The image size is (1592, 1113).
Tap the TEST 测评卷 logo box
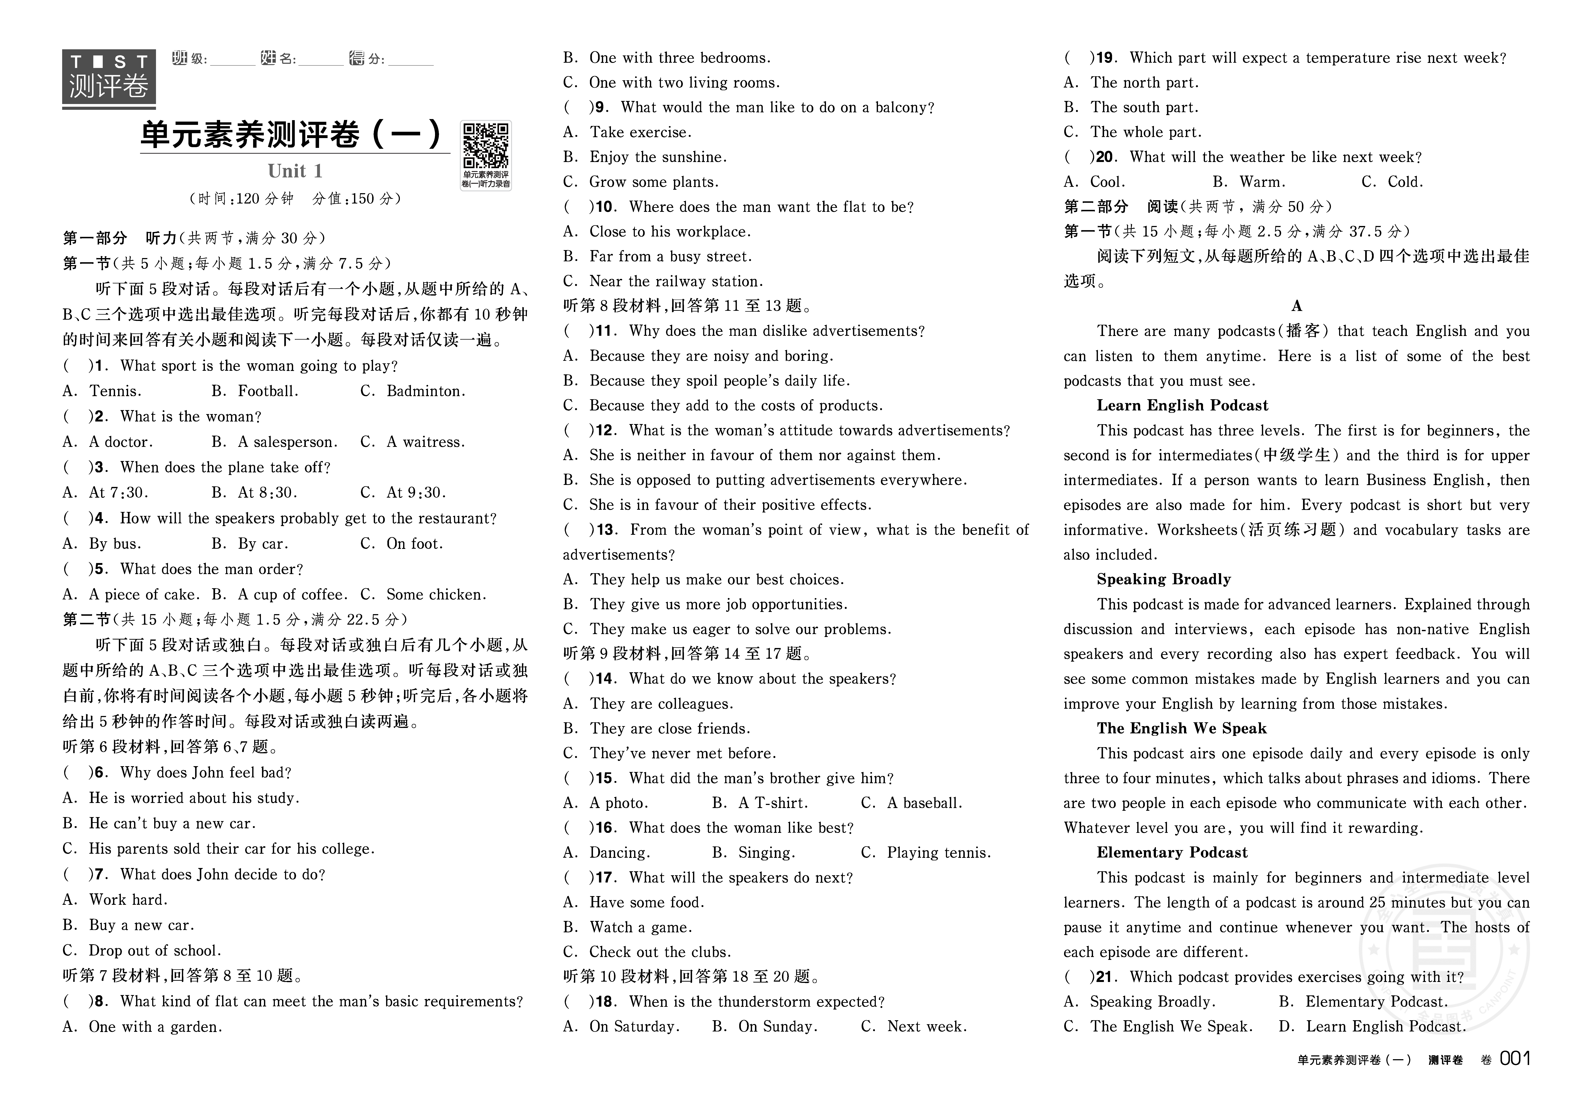109,78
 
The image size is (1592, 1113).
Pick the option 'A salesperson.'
287,442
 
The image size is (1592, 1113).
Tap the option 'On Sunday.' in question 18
777,1026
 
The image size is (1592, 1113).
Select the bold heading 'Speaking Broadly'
1164,579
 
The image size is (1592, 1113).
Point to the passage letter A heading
1297,306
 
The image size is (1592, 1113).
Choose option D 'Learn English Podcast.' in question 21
1385,1026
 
